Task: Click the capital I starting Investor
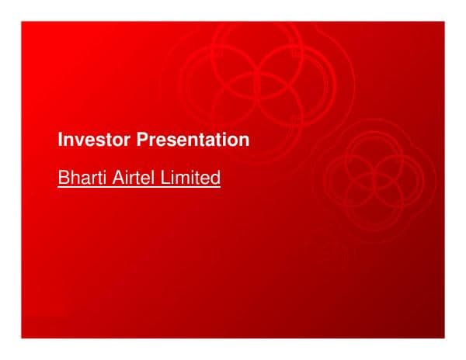pos(61,140)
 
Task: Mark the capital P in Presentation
pos(142,140)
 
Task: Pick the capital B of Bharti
pos(63,178)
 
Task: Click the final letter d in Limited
pos(216,178)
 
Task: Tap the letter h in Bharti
pos(73,178)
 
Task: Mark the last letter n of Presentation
pos(245,141)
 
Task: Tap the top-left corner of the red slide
pos(22,22)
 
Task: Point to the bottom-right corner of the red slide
pos(444,337)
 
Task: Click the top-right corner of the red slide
pos(444,22)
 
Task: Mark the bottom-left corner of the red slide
pos(22,337)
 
